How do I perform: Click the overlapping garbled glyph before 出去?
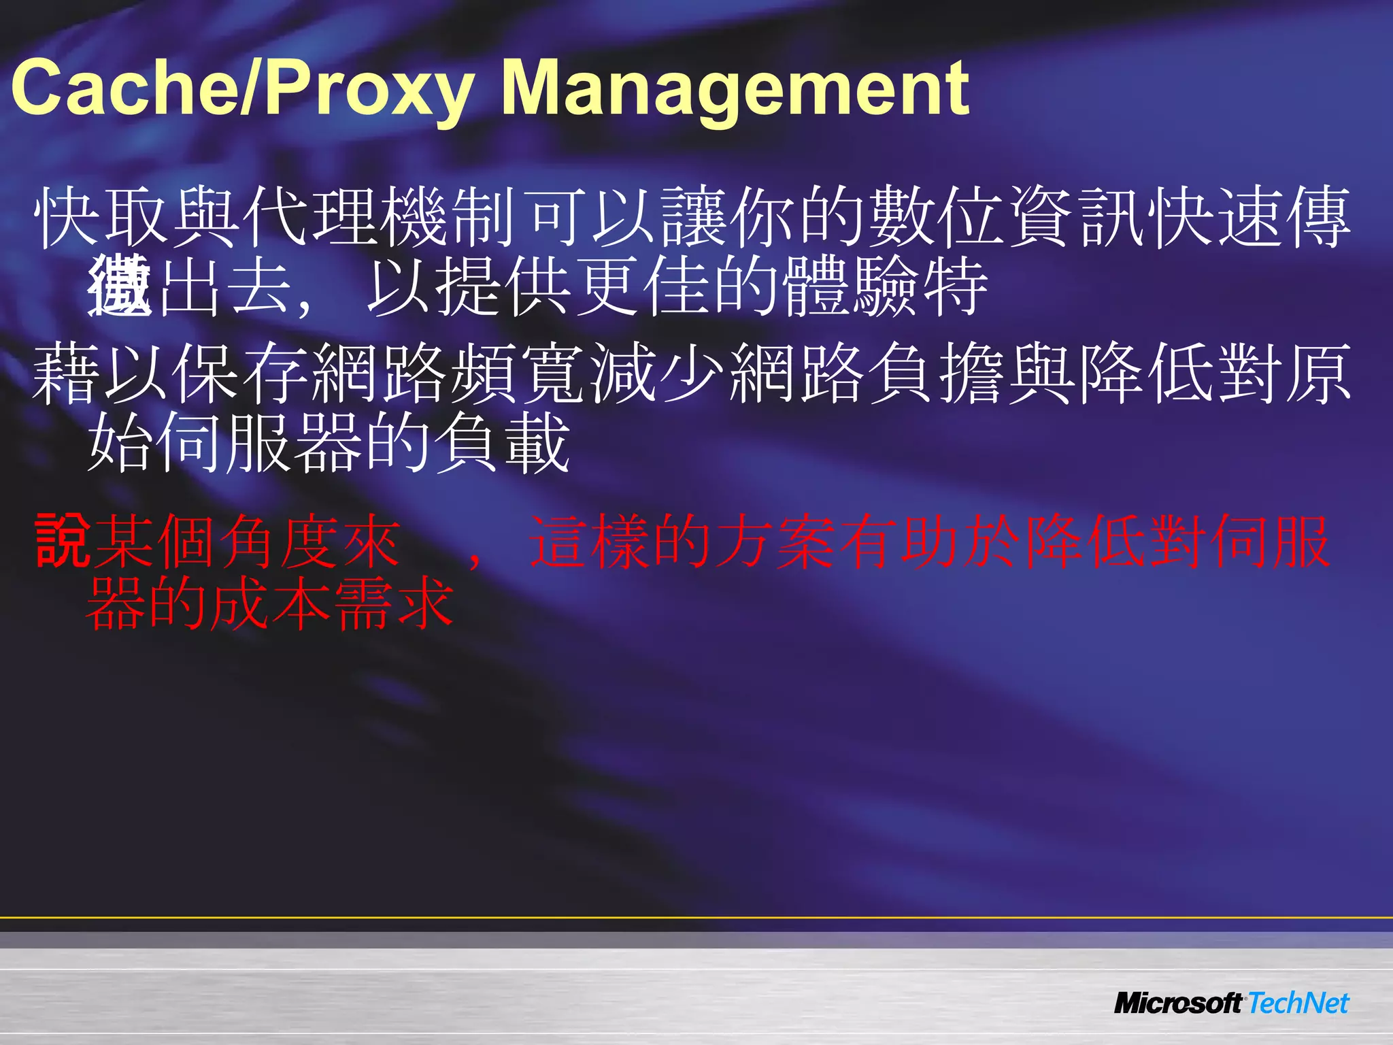tap(120, 286)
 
